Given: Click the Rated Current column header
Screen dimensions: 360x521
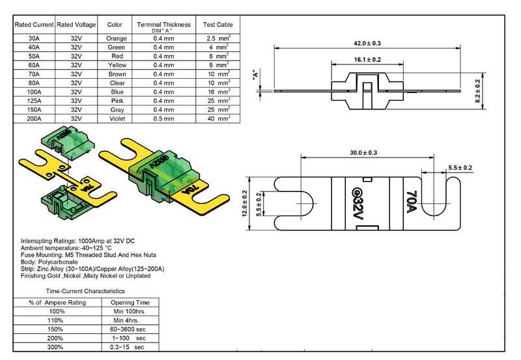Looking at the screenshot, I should (34, 25).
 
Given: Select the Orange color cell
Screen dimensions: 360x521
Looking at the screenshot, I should (115, 39).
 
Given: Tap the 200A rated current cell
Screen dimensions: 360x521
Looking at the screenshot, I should (34, 119).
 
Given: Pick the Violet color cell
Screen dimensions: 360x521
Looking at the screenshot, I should (115, 119).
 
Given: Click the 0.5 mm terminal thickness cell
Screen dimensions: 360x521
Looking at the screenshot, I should (163, 119).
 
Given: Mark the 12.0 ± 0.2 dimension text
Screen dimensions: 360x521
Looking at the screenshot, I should (244, 204).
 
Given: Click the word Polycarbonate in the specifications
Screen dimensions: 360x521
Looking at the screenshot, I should (59, 263).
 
